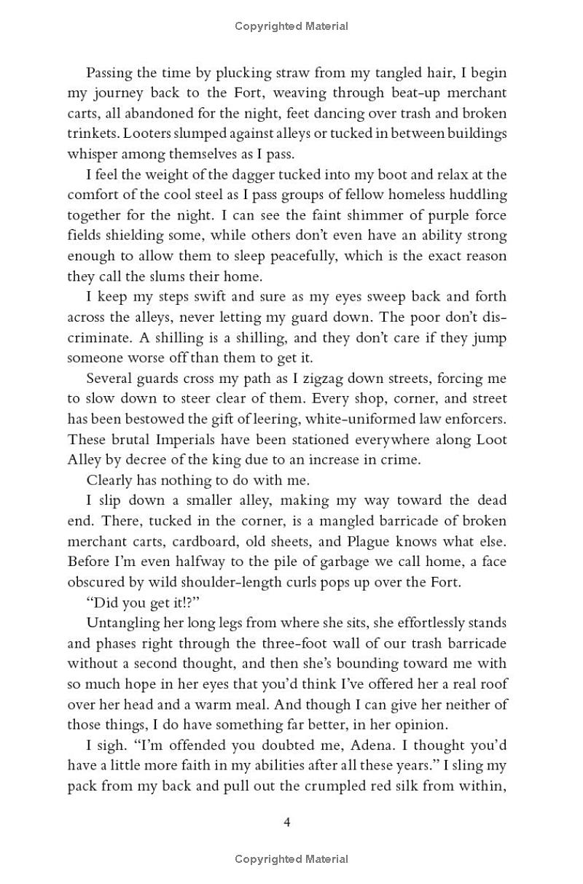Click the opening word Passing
tap(109, 73)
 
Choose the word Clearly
tap(110, 481)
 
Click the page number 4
tap(287, 823)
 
